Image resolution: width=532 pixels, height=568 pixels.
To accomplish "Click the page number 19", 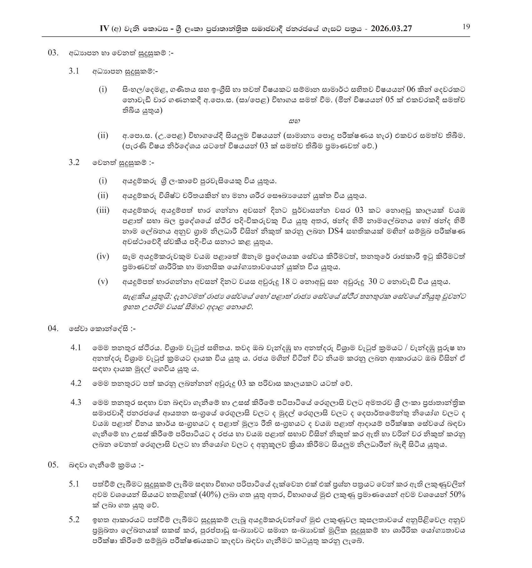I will tap(466, 27).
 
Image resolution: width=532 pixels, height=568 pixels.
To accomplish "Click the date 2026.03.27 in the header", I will tap(391, 29).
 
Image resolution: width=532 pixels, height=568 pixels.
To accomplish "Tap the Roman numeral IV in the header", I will tap(104, 28).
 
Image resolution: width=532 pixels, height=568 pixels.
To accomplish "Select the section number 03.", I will tap(53, 53).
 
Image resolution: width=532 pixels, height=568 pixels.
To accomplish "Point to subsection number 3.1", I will tap(74, 71).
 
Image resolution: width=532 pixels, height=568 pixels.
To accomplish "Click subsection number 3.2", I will tap(74, 163).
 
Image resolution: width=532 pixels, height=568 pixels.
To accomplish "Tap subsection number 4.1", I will tap(76, 348).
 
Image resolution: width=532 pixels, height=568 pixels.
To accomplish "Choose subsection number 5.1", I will tap(74, 484).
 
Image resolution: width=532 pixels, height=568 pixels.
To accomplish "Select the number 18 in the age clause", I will tap(285, 282).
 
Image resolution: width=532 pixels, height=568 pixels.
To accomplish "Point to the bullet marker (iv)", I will tap(103, 257).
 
